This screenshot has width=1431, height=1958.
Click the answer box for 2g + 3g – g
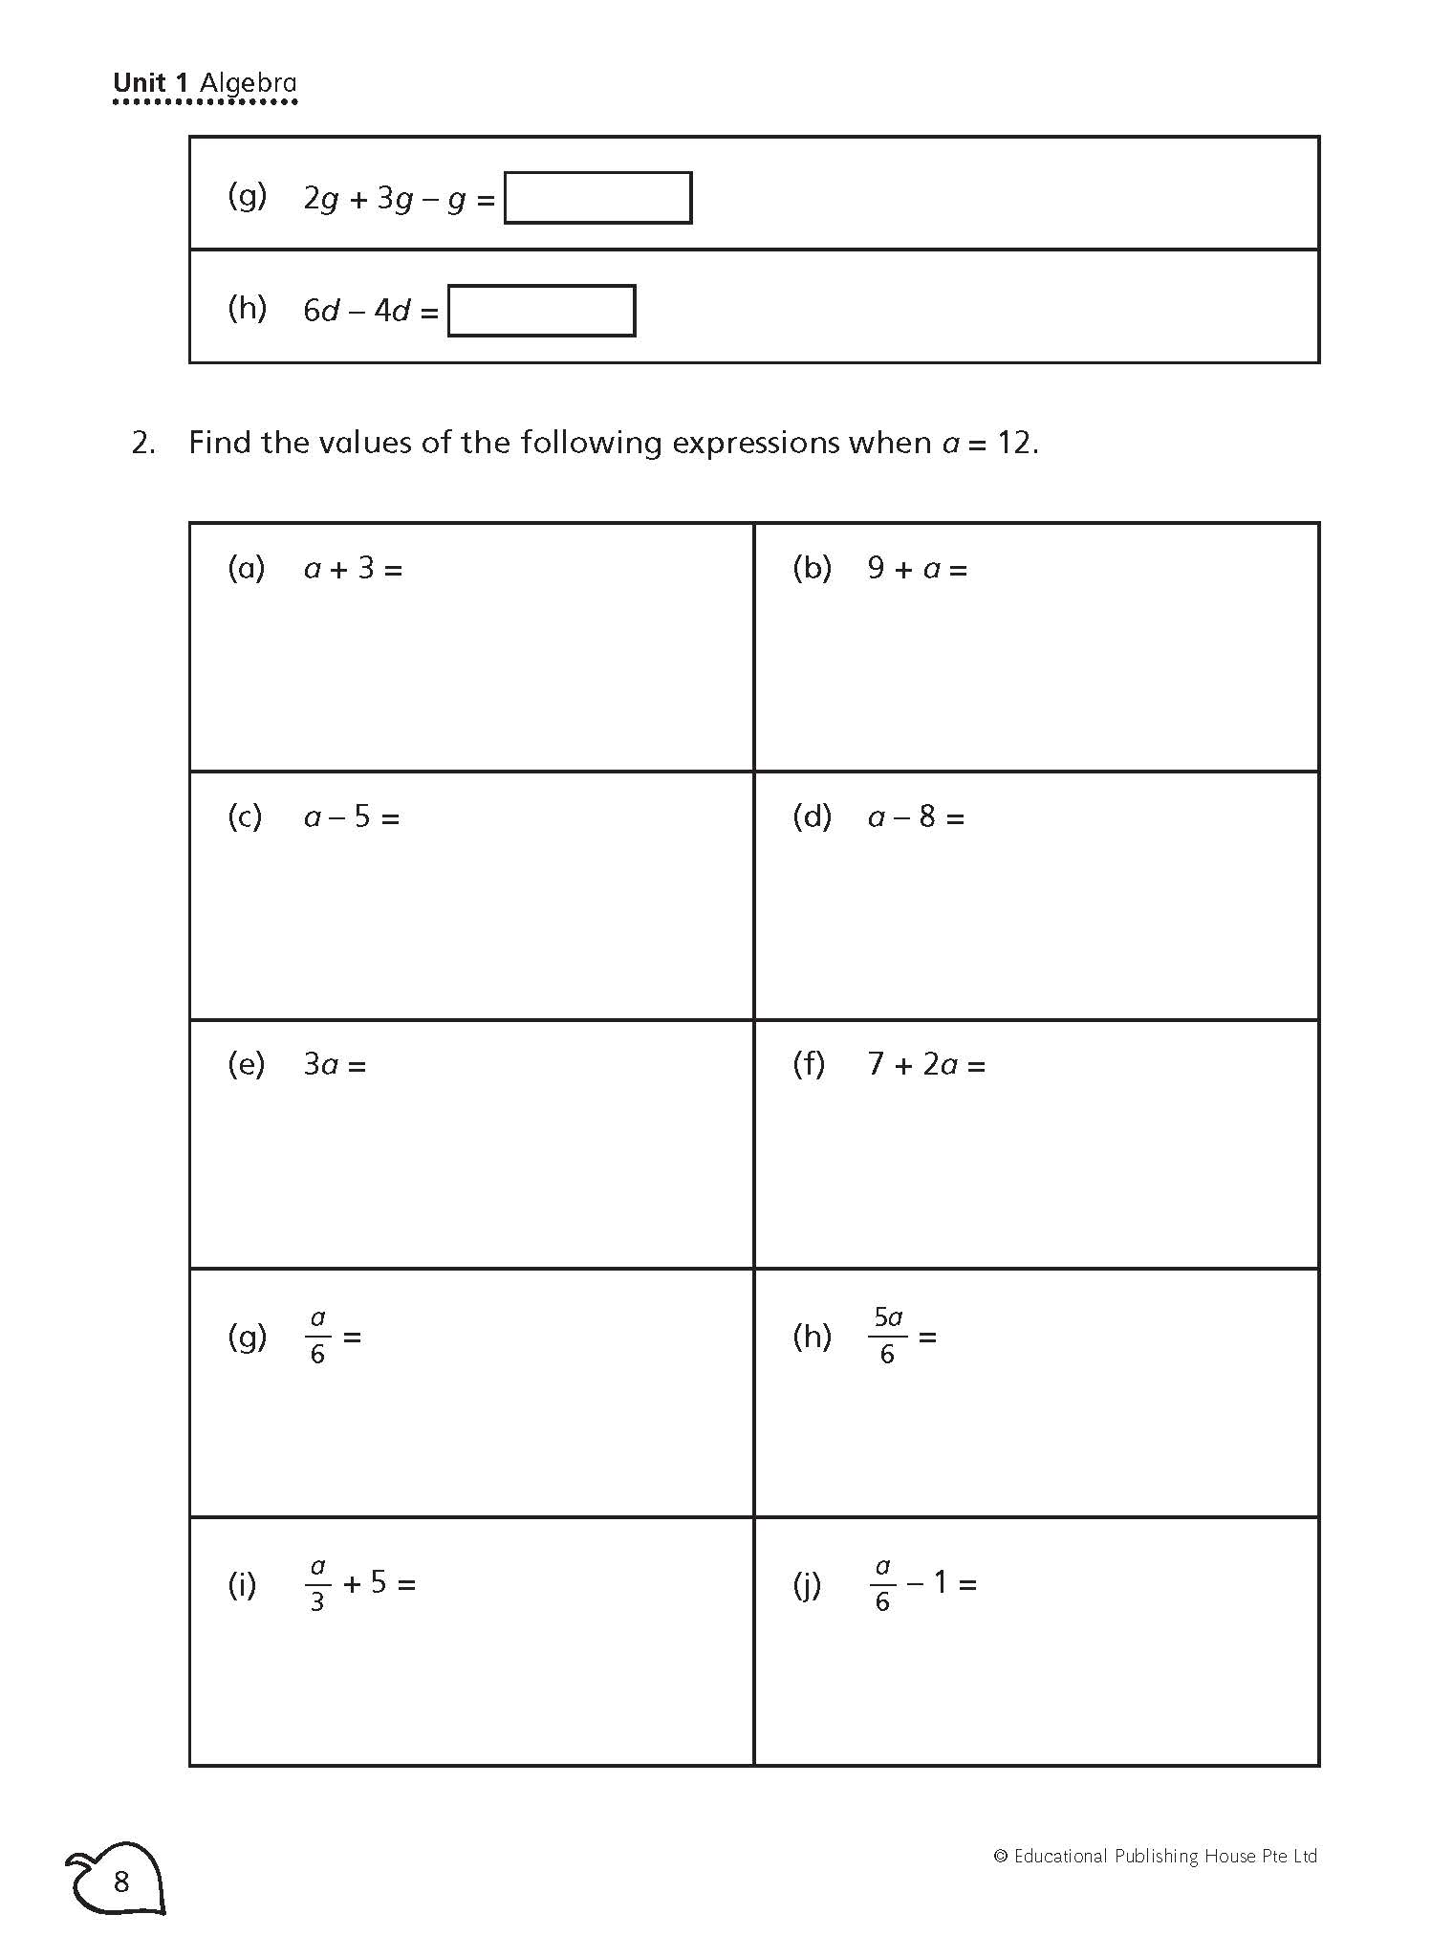click(x=597, y=198)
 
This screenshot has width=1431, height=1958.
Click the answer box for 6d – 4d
click(x=541, y=311)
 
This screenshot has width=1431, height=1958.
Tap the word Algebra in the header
click(x=249, y=83)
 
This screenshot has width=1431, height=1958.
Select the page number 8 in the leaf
click(x=120, y=1882)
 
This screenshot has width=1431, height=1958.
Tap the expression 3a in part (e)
click(x=322, y=1065)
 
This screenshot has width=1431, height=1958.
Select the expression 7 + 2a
click(x=914, y=1065)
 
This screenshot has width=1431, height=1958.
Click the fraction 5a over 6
click(x=888, y=1336)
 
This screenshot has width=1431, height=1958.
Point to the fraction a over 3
click(x=318, y=1584)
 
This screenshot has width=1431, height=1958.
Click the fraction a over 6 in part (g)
click(x=318, y=1336)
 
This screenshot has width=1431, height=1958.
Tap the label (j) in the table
click(x=808, y=1584)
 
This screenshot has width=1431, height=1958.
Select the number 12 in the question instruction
click(x=1015, y=443)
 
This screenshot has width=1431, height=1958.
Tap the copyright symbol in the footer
click(x=1001, y=1857)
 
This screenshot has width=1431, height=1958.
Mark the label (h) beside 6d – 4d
click(x=247, y=308)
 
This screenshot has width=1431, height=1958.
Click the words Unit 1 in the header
click(x=151, y=83)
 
